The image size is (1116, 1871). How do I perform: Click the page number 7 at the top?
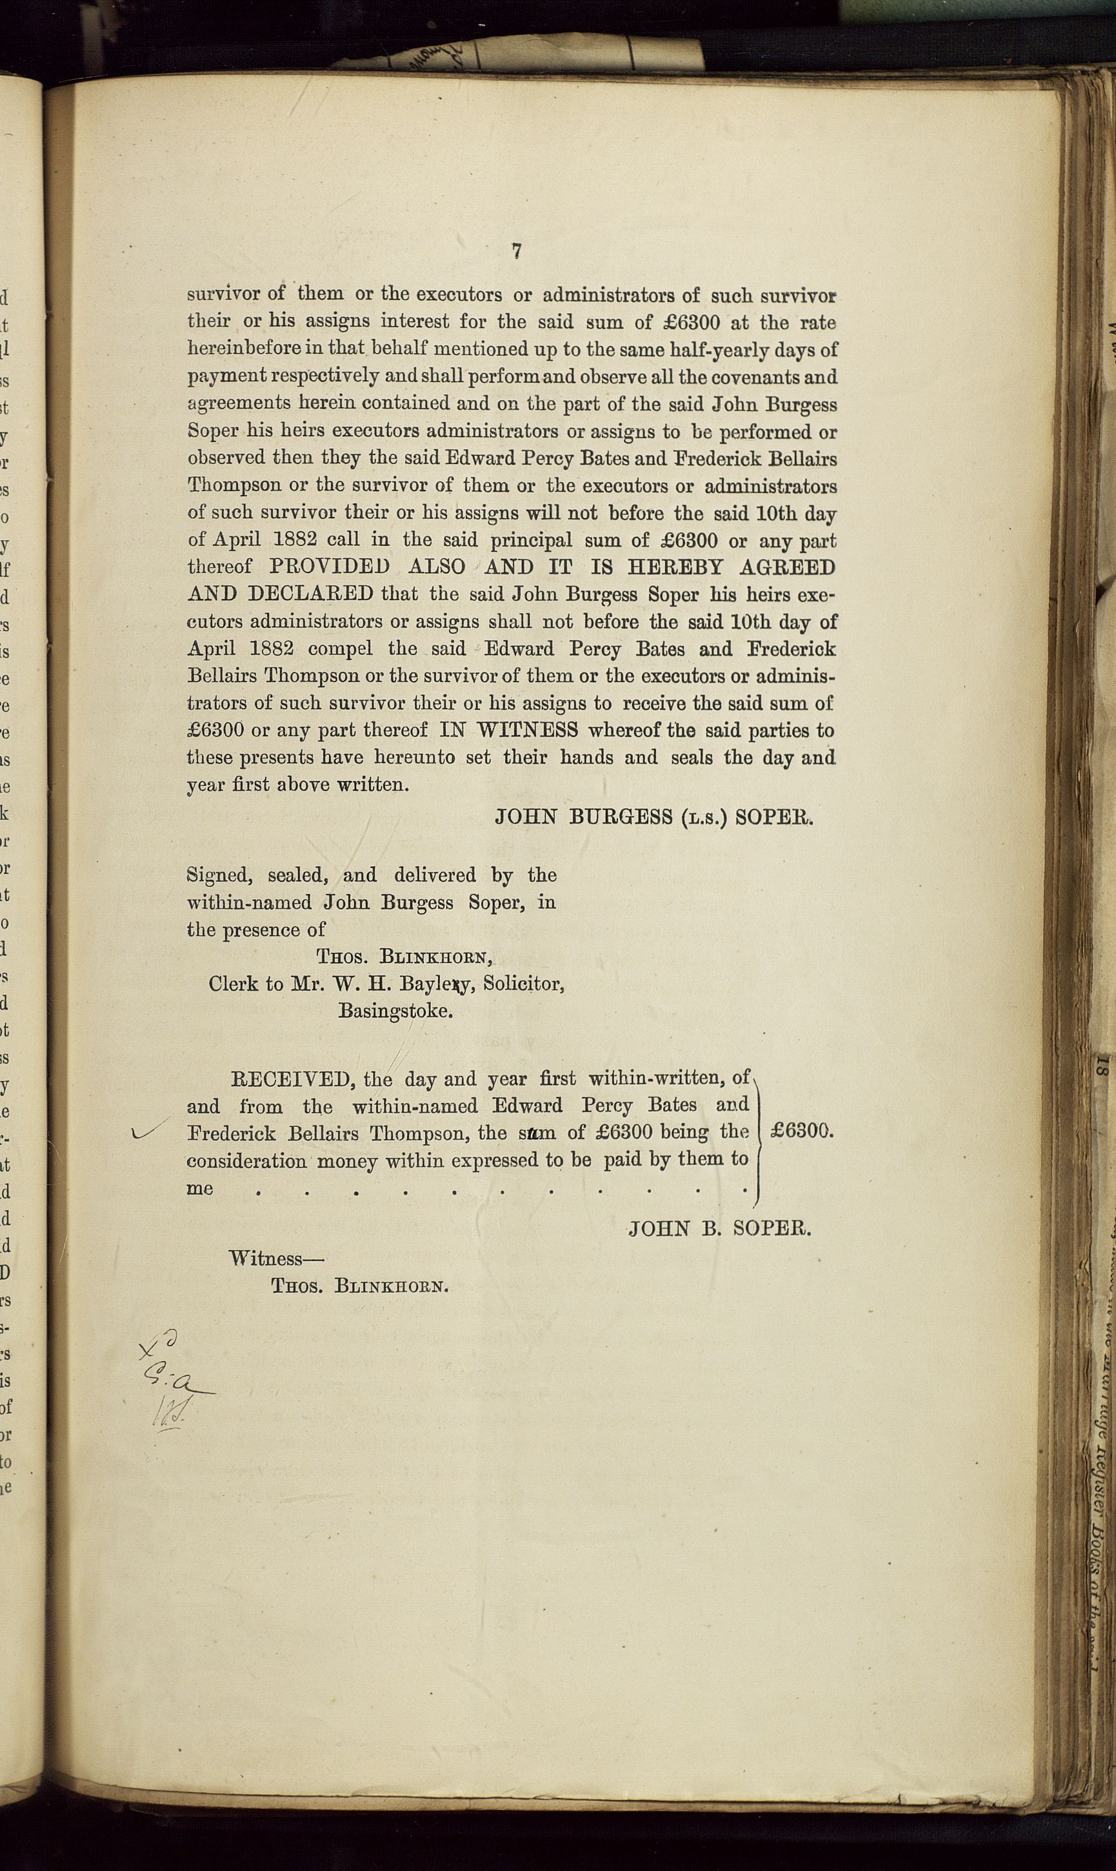(517, 251)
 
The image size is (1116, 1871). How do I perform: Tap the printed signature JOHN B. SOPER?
(721, 1229)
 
